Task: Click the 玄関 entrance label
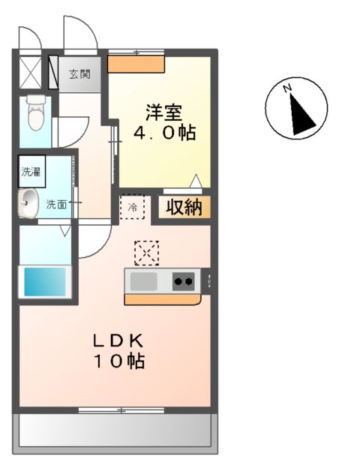pos(79,74)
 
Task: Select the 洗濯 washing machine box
pos(31,170)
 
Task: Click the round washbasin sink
pos(28,202)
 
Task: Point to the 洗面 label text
pos(56,203)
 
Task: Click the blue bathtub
pos(46,282)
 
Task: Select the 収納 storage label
pos(184,207)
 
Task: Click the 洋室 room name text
pos(163,112)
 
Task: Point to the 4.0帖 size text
pos(164,133)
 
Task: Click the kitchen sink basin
pos(144,281)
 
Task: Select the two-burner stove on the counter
pos(183,282)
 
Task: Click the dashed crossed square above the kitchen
pos(147,253)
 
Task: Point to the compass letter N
pos(286,89)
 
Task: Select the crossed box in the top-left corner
pos(31,71)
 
